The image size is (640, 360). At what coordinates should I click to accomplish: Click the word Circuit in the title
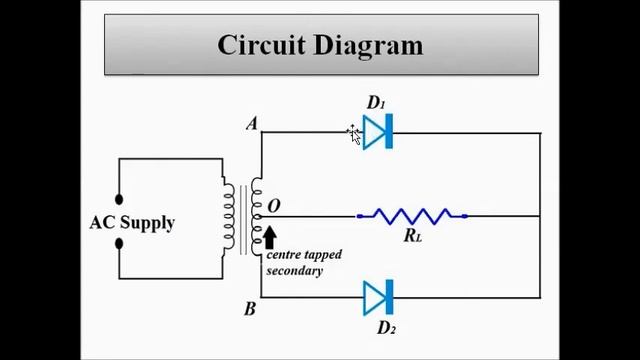(x=263, y=46)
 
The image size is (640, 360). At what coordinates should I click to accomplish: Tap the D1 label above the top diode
(x=376, y=102)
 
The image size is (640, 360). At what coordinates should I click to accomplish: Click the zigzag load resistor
(x=412, y=215)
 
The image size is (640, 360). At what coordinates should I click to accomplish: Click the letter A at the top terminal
(x=252, y=124)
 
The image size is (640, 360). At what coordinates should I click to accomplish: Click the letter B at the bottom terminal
(x=250, y=308)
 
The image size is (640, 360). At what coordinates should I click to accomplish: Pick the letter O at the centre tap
(x=274, y=207)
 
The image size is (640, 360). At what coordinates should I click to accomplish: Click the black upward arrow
(x=269, y=237)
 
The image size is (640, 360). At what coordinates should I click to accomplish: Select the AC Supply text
(x=132, y=223)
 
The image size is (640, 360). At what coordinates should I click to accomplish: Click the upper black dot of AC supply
(x=119, y=199)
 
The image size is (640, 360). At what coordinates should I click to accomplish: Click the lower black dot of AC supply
(x=119, y=243)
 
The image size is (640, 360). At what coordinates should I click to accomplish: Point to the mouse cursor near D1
(x=354, y=134)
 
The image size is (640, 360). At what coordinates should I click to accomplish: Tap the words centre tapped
(x=304, y=255)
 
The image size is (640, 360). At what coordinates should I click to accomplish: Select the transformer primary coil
(x=229, y=218)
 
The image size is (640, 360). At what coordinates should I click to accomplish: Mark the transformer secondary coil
(x=256, y=218)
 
